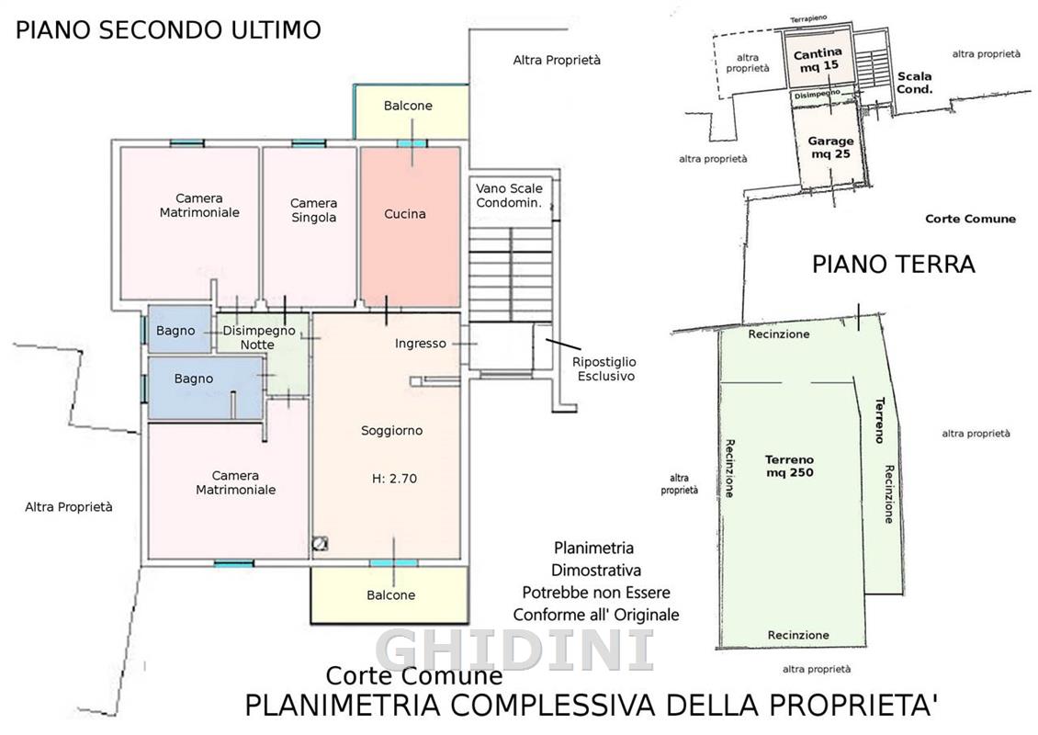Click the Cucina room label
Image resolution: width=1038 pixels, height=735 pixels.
(x=404, y=214)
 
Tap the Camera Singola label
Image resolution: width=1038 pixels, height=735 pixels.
(x=314, y=210)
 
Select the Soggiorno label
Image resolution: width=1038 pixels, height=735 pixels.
(x=392, y=431)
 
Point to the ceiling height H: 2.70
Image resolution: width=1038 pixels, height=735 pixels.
(x=395, y=479)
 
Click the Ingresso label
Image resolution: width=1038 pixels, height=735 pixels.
(x=421, y=344)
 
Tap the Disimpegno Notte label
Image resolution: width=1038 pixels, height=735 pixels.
(x=259, y=338)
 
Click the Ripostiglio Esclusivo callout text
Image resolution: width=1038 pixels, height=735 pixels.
(x=604, y=368)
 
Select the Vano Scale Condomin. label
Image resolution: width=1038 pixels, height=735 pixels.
(x=509, y=196)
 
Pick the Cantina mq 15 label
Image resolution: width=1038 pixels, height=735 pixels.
(x=818, y=59)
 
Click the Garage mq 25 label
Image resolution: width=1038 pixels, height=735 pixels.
(x=830, y=148)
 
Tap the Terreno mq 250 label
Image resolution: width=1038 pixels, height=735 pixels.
(x=790, y=466)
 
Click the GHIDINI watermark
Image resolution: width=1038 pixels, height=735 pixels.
(x=515, y=650)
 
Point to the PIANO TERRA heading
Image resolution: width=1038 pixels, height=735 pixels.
(x=894, y=265)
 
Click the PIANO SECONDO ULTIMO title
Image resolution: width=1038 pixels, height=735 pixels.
(x=168, y=29)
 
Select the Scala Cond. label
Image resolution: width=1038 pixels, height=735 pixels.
(x=915, y=83)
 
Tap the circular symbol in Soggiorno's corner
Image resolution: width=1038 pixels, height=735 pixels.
(x=321, y=544)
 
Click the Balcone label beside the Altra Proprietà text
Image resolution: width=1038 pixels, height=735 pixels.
(x=408, y=106)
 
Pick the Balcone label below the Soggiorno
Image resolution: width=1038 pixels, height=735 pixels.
(x=391, y=595)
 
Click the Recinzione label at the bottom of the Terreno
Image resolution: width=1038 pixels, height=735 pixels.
(x=798, y=635)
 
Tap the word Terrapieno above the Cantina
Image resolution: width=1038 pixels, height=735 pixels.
(x=808, y=19)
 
